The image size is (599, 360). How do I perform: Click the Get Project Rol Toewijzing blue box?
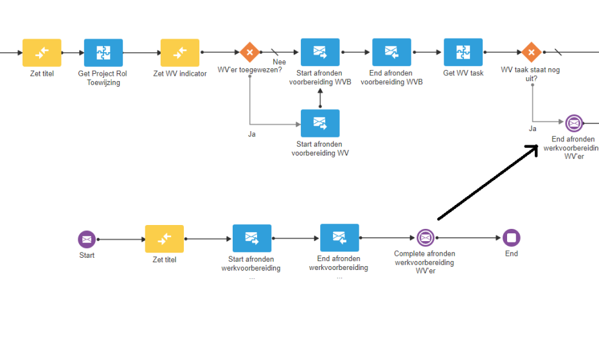click(x=103, y=53)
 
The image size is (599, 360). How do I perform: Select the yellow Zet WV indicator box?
click(x=180, y=53)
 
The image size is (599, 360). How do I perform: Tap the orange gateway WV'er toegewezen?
click(x=249, y=52)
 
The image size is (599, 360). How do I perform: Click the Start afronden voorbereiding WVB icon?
click(x=320, y=53)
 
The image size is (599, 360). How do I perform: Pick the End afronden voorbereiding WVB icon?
click(x=391, y=53)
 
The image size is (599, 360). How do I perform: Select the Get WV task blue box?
click(x=463, y=53)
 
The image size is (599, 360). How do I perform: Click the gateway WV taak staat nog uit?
click(x=531, y=52)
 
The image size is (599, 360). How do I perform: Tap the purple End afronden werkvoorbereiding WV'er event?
click(x=573, y=122)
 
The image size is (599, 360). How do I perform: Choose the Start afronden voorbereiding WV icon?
click(x=320, y=123)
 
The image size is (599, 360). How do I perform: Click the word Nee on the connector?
click(x=279, y=62)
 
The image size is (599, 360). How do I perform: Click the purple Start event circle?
click(x=87, y=239)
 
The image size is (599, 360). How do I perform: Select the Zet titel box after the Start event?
click(x=165, y=239)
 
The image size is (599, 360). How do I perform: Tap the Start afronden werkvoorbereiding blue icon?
click(x=251, y=239)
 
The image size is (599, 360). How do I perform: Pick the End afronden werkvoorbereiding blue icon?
click(x=339, y=238)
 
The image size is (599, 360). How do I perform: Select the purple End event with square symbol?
click(x=512, y=238)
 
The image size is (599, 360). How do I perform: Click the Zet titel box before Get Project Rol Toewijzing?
click(x=42, y=53)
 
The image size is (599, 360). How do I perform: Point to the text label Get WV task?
click(x=463, y=73)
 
